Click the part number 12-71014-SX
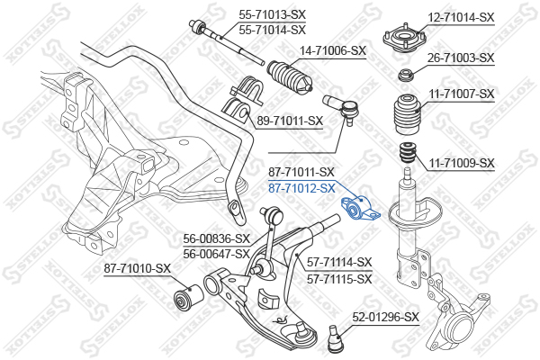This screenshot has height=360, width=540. [x=461, y=17]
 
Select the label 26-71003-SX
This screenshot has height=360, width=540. [x=461, y=58]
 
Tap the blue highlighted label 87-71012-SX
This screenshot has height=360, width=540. [x=301, y=188]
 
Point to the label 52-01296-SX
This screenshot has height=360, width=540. [x=386, y=317]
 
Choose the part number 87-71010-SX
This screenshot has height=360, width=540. [x=138, y=268]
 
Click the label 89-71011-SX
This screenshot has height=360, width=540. [x=290, y=121]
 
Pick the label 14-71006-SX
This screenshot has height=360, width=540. [x=333, y=51]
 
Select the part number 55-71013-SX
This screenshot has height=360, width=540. [x=273, y=14]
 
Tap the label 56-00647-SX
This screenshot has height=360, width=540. [x=216, y=254]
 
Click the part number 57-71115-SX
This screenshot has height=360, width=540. [x=339, y=279]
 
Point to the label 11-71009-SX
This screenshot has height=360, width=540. [x=461, y=163]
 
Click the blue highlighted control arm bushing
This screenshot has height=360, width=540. [x=359, y=209]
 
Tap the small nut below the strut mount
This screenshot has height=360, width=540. [x=405, y=76]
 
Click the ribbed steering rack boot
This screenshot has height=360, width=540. [x=290, y=77]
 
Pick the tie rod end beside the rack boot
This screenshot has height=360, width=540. [x=342, y=109]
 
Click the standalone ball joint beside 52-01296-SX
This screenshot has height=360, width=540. [x=334, y=339]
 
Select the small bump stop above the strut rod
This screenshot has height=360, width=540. [x=407, y=154]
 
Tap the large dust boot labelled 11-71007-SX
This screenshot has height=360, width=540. [x=408, y=114]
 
